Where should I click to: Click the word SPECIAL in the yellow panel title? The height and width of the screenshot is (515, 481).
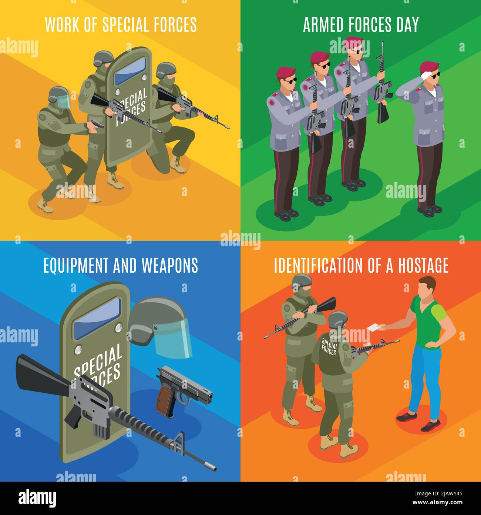(122, 25)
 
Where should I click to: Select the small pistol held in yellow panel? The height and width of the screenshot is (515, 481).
(97, 124)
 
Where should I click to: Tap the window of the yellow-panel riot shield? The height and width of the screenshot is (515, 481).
(127, 72)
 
